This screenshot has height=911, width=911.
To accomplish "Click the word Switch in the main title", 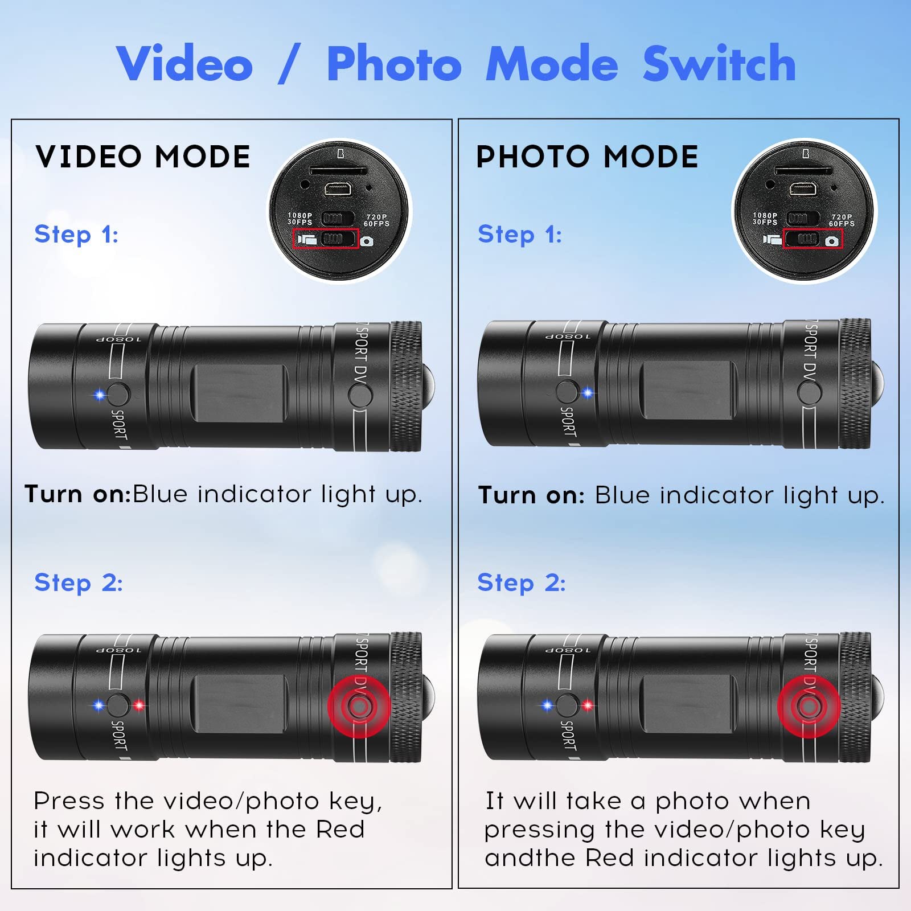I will (719, 64).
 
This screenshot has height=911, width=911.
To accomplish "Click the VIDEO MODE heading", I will (142, 157).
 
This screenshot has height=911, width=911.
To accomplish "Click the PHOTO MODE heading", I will (586, 157).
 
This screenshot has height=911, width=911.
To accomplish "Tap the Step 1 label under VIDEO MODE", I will (76, 234).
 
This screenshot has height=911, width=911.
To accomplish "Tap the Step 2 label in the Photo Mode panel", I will (521, 582).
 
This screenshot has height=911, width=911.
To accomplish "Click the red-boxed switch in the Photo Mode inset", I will (812, 239).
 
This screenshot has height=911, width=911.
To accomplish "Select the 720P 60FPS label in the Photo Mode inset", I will (841, 220).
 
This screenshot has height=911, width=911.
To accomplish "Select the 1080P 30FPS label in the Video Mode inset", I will (299, 219).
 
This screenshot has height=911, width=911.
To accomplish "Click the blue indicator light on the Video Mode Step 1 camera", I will (100, 395).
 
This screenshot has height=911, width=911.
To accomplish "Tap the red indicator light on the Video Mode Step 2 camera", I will (138, 706).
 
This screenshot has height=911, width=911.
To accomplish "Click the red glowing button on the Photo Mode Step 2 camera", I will (809, 707).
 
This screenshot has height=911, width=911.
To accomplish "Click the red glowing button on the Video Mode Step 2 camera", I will (359, 707).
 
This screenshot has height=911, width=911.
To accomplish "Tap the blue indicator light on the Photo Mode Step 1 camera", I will (588, 393).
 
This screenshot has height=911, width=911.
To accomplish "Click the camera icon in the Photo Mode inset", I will (832, 241).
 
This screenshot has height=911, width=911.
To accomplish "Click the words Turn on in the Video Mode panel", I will (77, 494).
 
